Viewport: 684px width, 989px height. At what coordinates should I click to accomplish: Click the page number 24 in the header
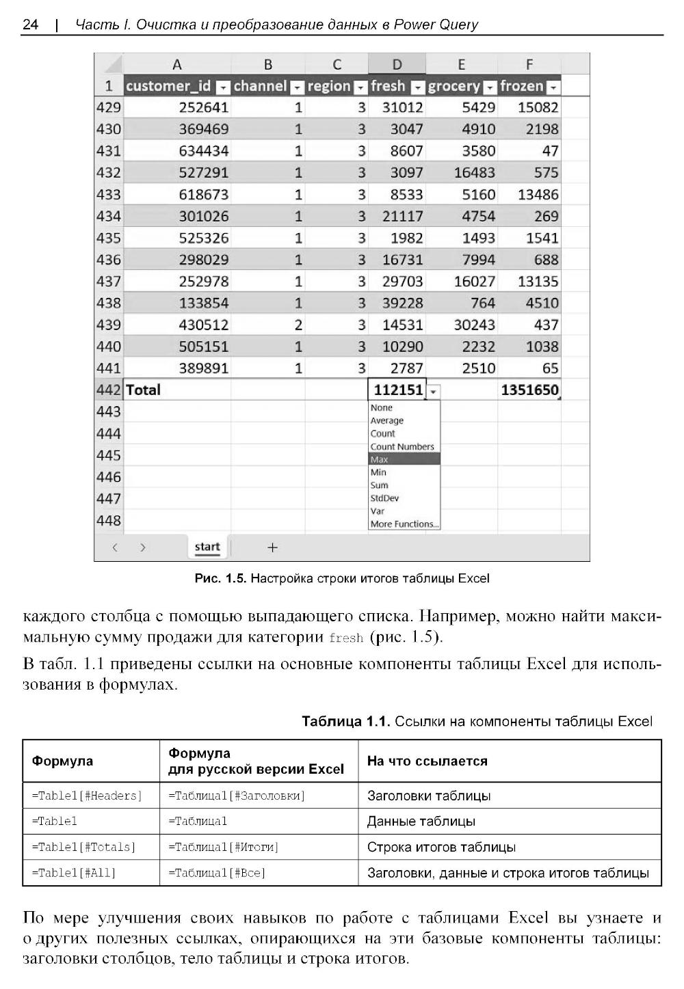click(x=30, y=25)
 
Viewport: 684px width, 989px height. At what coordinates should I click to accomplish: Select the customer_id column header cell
click(x=168, y=86)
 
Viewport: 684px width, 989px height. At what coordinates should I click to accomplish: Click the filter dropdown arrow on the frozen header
click(x=553, y=87)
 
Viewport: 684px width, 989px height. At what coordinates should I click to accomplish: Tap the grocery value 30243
click(x=474, y=325)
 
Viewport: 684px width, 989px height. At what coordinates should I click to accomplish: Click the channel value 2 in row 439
click(x=298, y=325)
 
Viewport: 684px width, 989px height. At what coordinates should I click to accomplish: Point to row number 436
click(x=109, y=260)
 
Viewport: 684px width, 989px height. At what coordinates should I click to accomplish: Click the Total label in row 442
click(x=143, y=390)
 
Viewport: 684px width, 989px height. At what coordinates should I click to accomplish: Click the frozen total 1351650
click(x=529, y=390)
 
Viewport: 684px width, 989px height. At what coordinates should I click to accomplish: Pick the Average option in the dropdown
click(x=386, y=420)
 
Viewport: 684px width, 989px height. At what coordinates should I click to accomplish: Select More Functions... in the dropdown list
click(x=404, y=524)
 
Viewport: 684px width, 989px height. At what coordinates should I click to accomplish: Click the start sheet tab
click(x=207, y=547)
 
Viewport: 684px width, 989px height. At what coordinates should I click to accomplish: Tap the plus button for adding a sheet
click(x=272, y=547)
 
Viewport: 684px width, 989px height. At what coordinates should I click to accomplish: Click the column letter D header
click(x=397, y=65)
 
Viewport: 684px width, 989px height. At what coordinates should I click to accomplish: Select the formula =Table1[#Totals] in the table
click(x=83, y=847)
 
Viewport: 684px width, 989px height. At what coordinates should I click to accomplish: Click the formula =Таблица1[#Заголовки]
click(x=237, y=796)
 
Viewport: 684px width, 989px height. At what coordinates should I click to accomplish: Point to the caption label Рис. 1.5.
click(x=220, y=579)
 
